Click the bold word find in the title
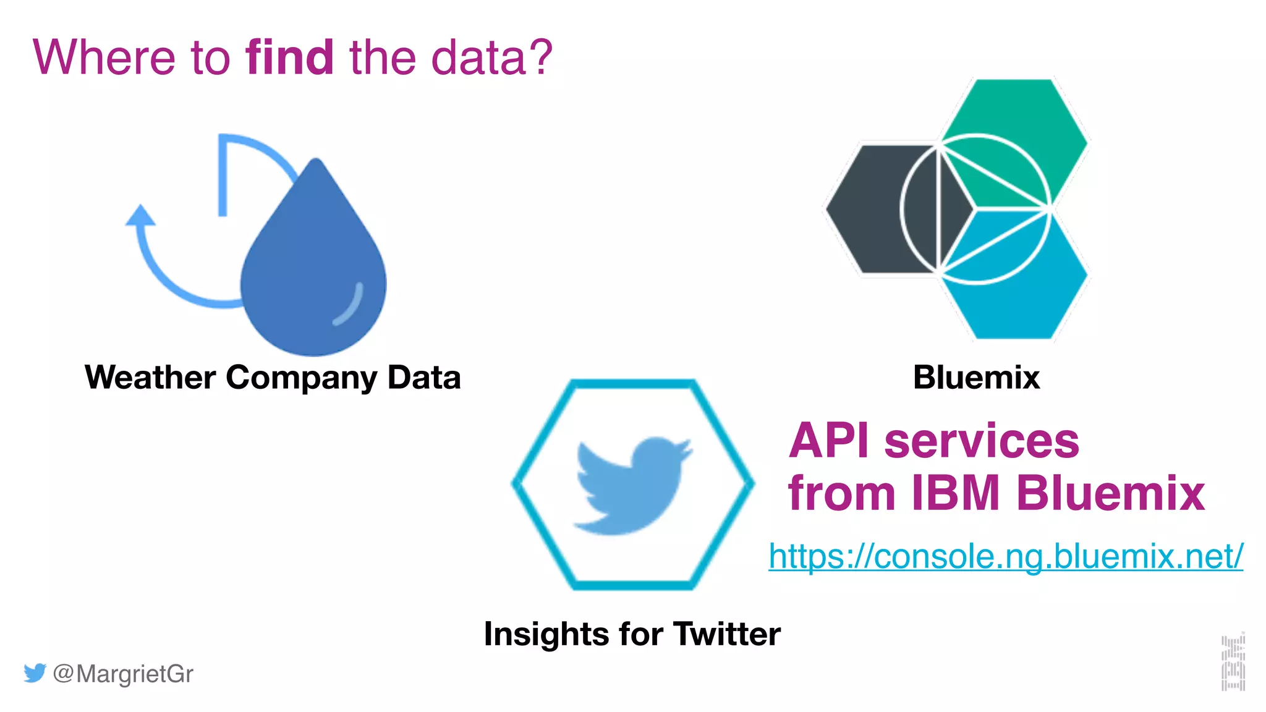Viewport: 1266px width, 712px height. (x=290, y=57)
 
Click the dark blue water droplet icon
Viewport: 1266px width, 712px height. (x=313, y=272)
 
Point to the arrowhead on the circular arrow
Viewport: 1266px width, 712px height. (x=140, y=215)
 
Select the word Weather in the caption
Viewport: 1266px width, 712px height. (x=150, y=377)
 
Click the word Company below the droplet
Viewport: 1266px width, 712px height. (x=301, y=378)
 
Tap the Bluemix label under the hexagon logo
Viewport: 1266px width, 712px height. (x=976, y=377)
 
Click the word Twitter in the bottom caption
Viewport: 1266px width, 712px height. (x=727, y=634)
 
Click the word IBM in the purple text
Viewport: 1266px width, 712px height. (x=956, y=493)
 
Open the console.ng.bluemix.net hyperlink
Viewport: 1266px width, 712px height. (x=1006, y=556)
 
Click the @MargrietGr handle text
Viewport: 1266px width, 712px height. (x=123, y=674)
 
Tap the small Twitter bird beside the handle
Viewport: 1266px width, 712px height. (x=35, y=672)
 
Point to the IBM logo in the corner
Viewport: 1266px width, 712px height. (x=1233, y=663)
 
